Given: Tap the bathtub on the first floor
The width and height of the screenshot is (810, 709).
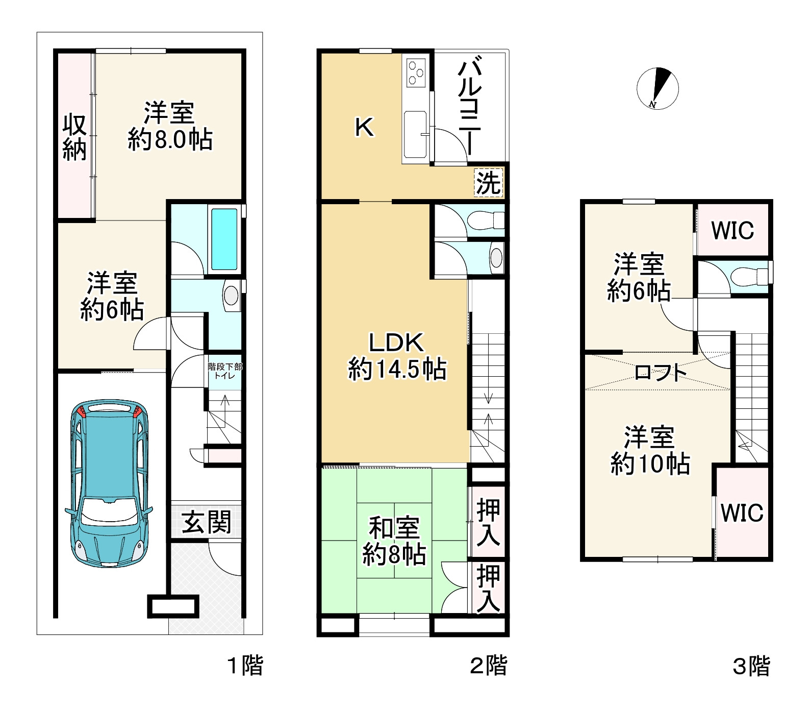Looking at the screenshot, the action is click(224, 239).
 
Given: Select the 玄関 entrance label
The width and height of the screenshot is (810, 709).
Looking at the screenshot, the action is click(207, 522).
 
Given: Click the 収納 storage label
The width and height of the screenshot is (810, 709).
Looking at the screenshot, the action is click(74, 137).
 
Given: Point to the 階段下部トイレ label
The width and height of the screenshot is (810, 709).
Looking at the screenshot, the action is click(225, 371).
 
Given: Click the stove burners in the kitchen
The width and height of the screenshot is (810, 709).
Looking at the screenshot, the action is click(416, 72).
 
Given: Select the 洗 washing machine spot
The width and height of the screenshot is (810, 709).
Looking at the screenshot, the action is click(489, 182).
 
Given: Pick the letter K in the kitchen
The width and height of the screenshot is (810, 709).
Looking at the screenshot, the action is click(364, 127).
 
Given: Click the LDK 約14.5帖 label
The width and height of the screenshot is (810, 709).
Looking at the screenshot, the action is click(397, 356).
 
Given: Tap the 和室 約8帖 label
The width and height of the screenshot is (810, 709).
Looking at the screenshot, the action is click(394, 541).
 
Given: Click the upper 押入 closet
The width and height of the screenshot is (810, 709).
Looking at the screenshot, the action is click(488, 522).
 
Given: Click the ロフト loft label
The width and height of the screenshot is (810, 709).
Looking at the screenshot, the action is click(661, 373).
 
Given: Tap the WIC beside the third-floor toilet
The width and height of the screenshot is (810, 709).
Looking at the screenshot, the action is click(732, 230).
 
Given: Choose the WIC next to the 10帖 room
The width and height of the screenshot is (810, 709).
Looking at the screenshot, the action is click(742, 512).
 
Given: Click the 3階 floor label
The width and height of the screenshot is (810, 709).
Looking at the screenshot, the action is click(751, 666).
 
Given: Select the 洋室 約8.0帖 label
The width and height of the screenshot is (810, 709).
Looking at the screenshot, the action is click(170, 126).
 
